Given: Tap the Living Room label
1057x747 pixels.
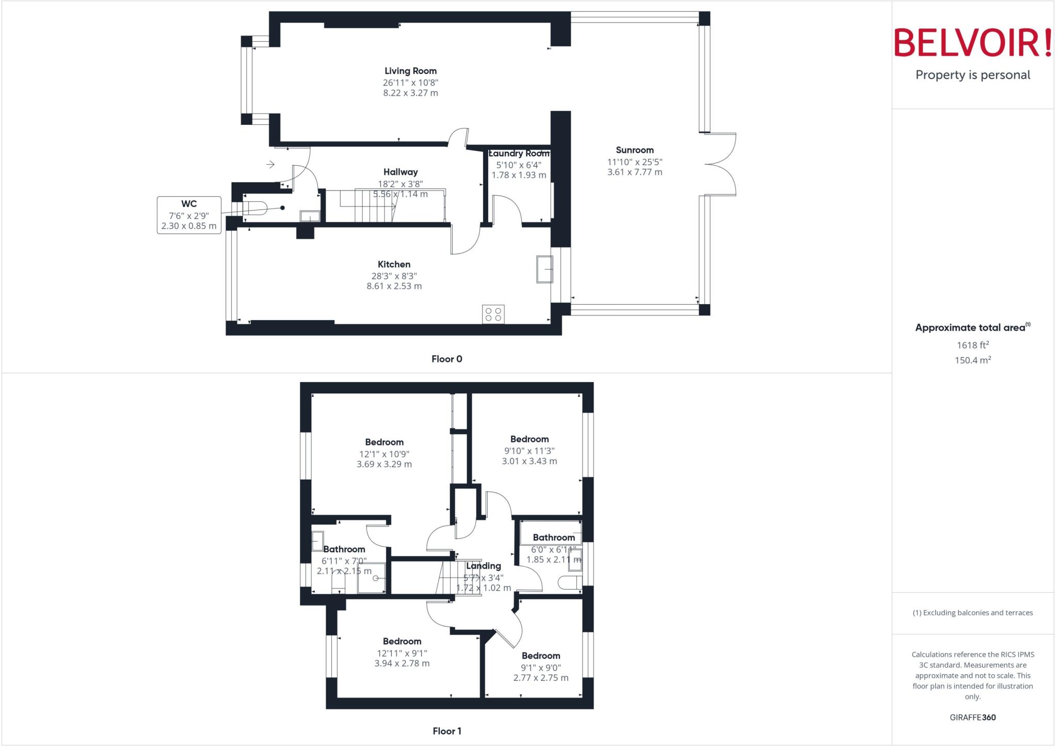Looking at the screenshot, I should point(410,71).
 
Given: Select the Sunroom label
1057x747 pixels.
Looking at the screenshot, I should point(634,150).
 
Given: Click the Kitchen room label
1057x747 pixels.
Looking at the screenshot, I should point(394,264).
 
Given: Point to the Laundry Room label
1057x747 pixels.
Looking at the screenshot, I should point(519,153).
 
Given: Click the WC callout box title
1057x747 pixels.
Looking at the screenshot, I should point(189,204).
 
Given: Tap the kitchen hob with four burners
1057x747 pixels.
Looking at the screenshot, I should point(493,314).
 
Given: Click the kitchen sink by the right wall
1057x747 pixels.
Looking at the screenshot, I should point(544,269).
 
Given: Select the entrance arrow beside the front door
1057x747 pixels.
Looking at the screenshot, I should point(270,165).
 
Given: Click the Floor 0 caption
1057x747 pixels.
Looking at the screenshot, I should point(446,359).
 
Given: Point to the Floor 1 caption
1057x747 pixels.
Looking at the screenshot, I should point(446,731).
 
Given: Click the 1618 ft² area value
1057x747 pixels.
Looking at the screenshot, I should point(972,345).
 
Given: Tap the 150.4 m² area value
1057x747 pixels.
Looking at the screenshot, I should point(972,360).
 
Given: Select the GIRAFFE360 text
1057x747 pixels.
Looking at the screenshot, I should point(972,717).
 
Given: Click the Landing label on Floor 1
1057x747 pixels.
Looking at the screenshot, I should point(483,566).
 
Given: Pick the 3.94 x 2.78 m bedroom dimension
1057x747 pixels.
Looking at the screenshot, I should point(402,663).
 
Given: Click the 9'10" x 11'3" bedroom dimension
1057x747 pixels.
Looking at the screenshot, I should point(529,451).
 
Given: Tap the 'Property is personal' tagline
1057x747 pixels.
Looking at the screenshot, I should point(972,75).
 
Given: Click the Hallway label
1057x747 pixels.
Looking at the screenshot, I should point(401,172).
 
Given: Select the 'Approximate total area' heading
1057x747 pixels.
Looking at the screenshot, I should point(970,328).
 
